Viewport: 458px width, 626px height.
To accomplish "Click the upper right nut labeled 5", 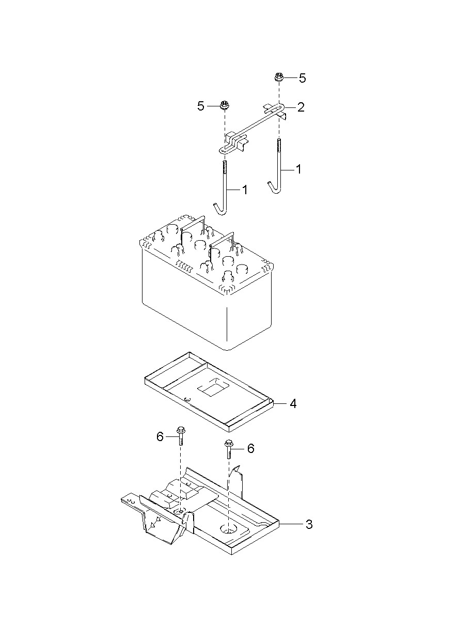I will click(278, 78).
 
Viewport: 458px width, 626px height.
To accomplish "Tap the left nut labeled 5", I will click(224, 105).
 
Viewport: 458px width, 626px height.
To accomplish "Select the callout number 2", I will click(301, 107).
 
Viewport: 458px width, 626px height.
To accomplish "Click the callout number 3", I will click(309, 524).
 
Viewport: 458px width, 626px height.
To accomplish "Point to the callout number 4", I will click(293, 403).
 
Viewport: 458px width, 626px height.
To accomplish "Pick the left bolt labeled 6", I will click(181, 436).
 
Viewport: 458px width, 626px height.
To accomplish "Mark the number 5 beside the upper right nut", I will click(302, 78).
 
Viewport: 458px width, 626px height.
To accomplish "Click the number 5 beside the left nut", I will click(201, 106).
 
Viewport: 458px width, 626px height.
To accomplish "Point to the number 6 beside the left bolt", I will click(160, 437).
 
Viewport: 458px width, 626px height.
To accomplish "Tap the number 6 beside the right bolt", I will click(250, 448).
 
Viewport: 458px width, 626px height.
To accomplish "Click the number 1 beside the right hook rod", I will click(298, 169).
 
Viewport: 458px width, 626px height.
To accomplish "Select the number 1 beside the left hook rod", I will click(244, 190).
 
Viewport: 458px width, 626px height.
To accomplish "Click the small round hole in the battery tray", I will click(187, 398).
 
